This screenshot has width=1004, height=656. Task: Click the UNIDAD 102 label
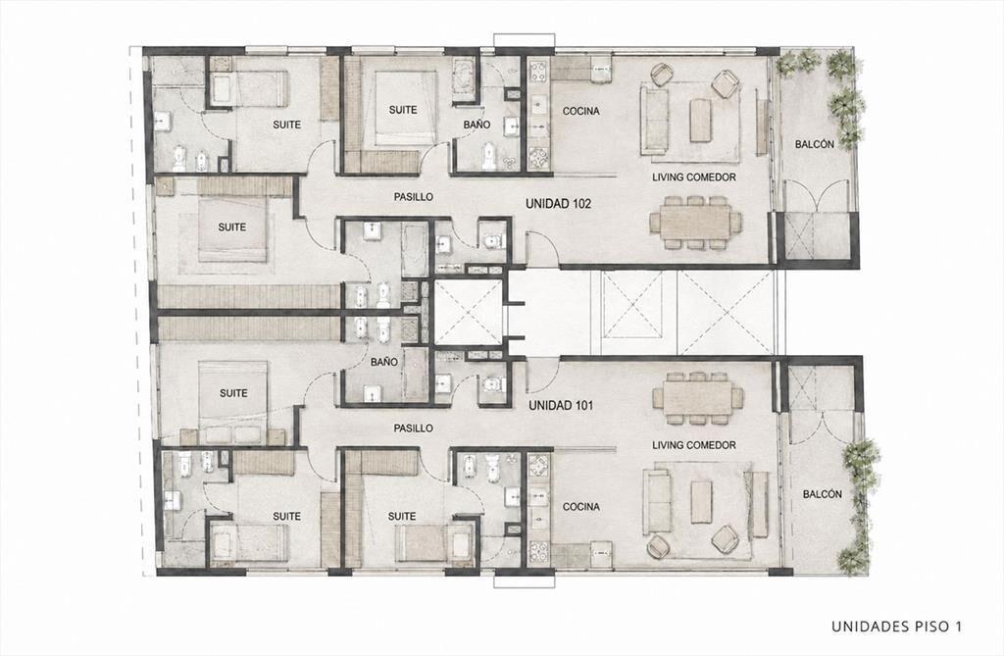coord(558,204)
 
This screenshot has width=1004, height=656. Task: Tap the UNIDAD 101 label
coord(561,406)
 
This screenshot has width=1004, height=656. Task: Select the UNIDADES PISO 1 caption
coord(896,626)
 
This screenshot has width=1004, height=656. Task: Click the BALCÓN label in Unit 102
coord(815,144)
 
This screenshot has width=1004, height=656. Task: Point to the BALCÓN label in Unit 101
coord(823,494)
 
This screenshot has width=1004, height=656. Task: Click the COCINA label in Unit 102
coord(581,111)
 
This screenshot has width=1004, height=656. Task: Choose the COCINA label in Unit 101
coord(581,507)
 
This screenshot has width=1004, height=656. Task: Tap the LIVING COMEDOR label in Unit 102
coord(694,177)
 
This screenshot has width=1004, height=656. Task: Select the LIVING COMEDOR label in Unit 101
coord(694,444)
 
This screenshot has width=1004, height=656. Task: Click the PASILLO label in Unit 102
coord(414,197)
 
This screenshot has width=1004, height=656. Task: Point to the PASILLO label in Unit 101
coord(414,428)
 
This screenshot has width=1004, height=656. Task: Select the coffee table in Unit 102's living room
coord(700,121)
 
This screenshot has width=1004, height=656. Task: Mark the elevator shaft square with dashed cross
coord(469,313)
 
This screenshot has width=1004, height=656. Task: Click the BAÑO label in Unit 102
coord(477,125)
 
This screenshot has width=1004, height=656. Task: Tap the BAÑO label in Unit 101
coord(384,362)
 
